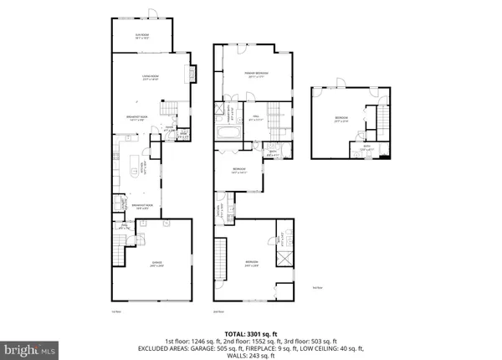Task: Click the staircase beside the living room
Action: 170,108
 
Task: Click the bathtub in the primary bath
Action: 227,133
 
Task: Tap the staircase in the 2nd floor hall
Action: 276,113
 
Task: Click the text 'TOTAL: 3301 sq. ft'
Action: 251,333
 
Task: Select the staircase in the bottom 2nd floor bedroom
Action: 222,259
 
